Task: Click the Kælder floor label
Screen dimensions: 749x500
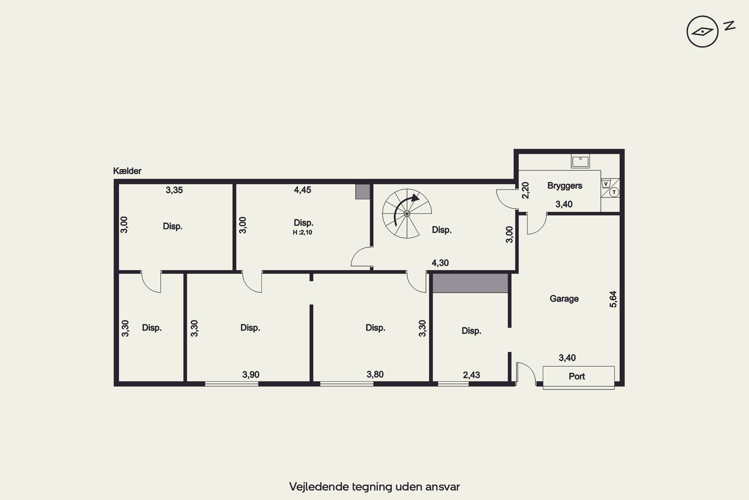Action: [x=127, y=171]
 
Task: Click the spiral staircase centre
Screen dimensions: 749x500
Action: [x=407, y=214]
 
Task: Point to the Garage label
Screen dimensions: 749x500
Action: [x=564, y=299]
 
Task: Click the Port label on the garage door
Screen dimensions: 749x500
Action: [x=577, y=376]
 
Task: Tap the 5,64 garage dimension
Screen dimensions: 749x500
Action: [x=613, y=299]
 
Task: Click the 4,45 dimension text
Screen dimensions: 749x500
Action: [x=303, y=190]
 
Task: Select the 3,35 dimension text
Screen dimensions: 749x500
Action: [x=174, y=190]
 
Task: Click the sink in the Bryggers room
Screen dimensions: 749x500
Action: [x=580, y=161]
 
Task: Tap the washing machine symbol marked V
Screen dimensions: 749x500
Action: [x=606, y=184]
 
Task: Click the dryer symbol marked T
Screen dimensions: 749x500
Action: [x=614, y=192]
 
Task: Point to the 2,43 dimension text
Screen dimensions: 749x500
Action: [x=471, y=375]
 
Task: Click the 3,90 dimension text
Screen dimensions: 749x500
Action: [x=251, y=375]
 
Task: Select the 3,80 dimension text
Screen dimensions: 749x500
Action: [x=375, y=374]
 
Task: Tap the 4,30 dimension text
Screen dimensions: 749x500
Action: [x=440, y=263]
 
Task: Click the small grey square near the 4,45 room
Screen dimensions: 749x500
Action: [x=363, y=192]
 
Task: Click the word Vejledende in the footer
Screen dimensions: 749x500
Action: [x=319, y=486]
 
